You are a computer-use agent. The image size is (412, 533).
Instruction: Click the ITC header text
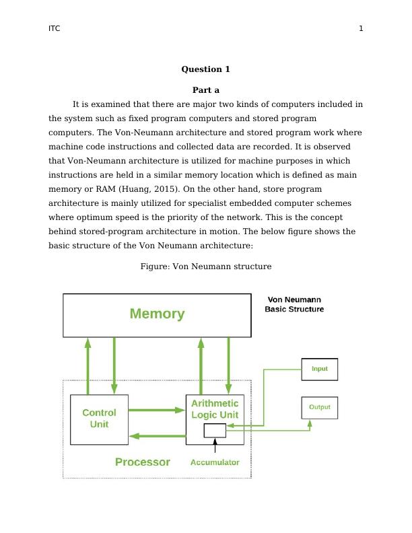tap(54, 29)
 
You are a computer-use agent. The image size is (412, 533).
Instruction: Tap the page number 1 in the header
tap(361, 29)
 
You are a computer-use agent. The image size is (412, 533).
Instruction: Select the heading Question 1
tap(206, 69)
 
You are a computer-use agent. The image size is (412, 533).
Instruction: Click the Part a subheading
tap(206, 90)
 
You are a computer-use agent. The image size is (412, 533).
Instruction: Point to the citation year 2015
tap(166, 189)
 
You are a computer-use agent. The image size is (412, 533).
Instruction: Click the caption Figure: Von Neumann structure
tap(206, 266)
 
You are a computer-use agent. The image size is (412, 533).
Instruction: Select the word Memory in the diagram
tap(157, 314)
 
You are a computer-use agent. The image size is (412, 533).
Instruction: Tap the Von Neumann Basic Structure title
tap(294, 305)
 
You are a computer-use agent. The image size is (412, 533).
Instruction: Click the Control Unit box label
tap(99, 419)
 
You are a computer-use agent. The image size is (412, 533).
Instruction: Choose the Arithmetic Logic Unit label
tap(215, 408)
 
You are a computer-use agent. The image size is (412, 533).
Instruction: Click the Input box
tap(319, 369)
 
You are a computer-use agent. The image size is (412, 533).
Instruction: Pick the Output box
tap(319, 407)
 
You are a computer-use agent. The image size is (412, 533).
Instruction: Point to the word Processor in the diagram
tap(142, 462)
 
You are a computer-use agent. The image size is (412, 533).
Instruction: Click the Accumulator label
tap(215, 462)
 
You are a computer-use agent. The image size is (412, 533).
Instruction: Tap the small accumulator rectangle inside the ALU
tap(215, 431)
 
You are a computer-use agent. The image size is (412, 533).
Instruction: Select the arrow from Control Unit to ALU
tap(156, 409)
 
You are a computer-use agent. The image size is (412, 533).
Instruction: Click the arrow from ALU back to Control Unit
tap(156, 436)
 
